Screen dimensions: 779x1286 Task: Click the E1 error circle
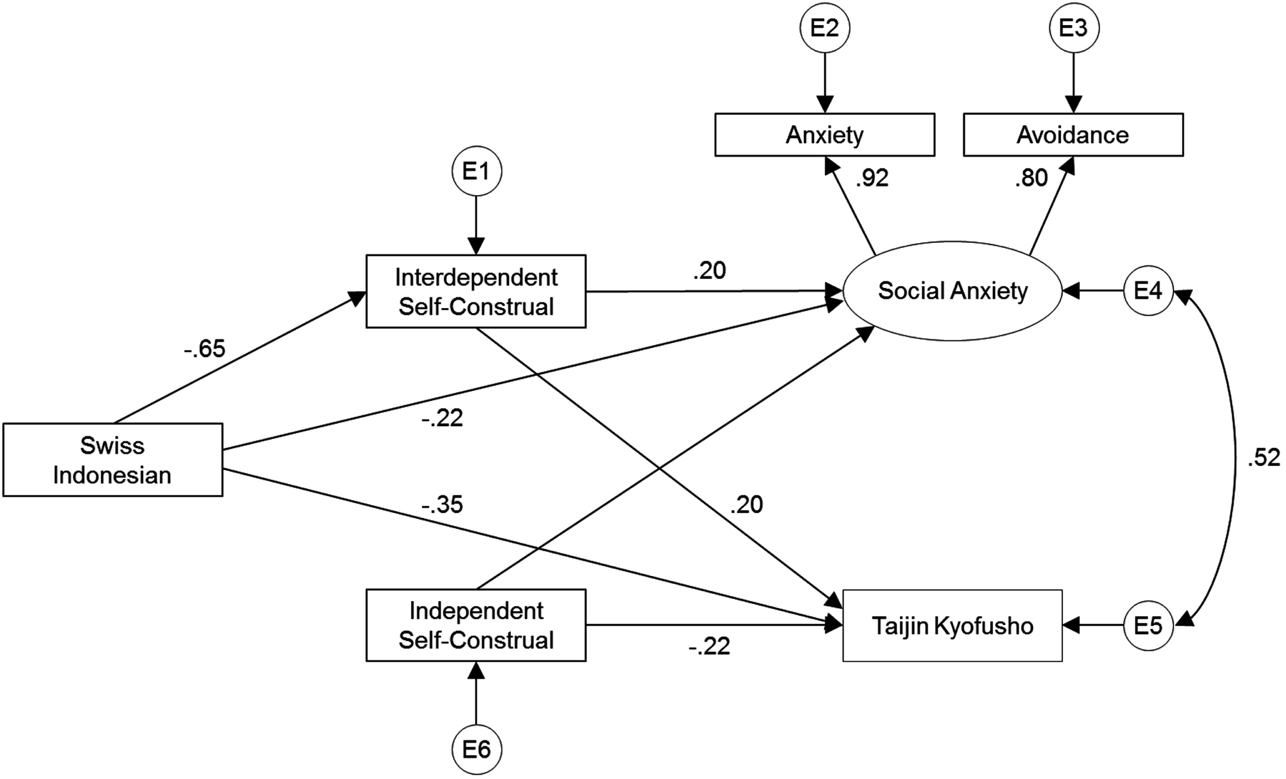click(476, 171)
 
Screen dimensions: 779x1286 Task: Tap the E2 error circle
click(825, 28)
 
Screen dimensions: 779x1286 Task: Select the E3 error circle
click(1074, 28)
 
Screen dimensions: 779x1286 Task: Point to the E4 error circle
click(1148, 291)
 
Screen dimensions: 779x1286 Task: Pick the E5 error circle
click(1148, 626)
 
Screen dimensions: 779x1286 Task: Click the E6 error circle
click(476, 750)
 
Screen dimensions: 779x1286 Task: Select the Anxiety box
click(825, 135)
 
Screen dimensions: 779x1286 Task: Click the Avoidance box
click(1073, 135)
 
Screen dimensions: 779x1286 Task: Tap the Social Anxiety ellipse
click(953, 291)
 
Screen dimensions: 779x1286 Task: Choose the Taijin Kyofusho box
click(953, 626)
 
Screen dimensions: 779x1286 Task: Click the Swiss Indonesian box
click(113, 460)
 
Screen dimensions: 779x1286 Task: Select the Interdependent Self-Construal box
click(476, 291)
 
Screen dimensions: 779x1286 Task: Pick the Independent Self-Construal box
click(476, 625)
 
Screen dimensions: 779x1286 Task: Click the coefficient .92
click(871, 178)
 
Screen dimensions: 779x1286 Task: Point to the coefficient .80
click(1031, 178)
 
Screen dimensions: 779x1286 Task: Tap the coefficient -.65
click(205, 349)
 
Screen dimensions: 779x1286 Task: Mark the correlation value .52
click(1263, 458)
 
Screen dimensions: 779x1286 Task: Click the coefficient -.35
click(442, 504)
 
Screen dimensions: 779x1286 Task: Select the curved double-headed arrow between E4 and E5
click(1235, 458)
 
